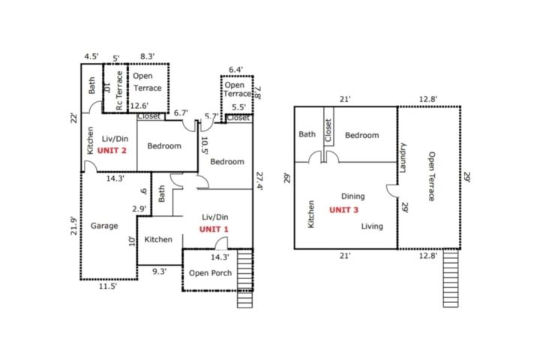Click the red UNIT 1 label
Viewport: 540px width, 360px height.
tap(214, 229)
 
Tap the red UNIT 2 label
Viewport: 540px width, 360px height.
tap(112, 151)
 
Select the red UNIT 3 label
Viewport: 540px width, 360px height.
tap(343, 210)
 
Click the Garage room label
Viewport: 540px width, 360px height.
tap(104, 226)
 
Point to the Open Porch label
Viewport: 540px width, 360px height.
tap(211, 273)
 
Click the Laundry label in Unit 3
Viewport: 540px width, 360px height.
tap(403, 157)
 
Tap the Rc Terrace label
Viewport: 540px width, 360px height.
tap(119, 91)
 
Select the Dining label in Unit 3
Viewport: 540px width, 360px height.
tap(353, 196)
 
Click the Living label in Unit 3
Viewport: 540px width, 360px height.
tap(372, 226)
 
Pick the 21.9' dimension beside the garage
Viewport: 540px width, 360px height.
tap(73, 226)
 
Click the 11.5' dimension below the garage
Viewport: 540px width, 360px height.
tap(108, 286)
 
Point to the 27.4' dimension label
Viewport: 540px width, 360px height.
tap(259, 181)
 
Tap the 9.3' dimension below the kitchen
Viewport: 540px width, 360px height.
tap(160, 271)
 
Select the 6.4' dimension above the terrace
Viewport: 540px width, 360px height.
tap(236, 70)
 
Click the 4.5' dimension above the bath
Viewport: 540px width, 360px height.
tap(91, 56)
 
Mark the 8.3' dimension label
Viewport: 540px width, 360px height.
tap(148, 56)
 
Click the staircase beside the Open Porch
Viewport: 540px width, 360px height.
tap(244, 279)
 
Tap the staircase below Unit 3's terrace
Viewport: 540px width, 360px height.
tap(451, 278)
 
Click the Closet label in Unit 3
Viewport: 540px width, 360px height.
tap(328, 130)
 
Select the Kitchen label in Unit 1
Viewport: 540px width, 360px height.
tap(158, 239)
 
